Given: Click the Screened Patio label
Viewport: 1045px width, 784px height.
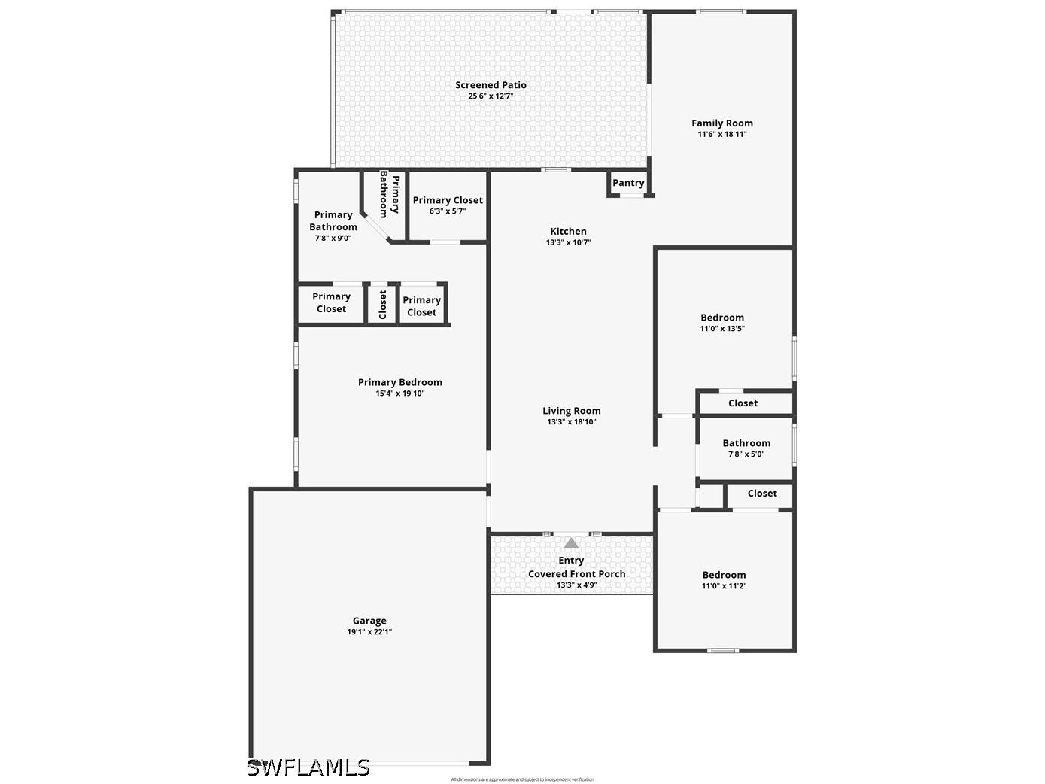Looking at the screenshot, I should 491,85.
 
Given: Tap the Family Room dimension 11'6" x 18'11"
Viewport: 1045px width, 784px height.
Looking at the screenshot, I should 722,135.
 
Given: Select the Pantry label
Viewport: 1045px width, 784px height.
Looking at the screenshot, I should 628,183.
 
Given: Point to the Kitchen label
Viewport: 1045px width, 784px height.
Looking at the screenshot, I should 568,232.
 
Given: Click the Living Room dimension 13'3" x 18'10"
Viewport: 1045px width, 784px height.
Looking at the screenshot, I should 572,422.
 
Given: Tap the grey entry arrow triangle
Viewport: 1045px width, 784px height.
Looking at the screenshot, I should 572,543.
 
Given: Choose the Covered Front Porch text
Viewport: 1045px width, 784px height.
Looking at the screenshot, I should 576,574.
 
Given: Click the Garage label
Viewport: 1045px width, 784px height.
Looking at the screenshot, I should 369,621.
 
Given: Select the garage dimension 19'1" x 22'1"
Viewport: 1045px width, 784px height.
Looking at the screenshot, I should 369,632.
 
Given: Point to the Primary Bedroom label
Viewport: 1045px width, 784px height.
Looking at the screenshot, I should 399,382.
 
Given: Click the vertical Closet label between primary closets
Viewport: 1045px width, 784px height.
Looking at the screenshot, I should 382,305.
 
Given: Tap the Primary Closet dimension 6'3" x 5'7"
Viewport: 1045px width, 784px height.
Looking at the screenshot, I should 448,211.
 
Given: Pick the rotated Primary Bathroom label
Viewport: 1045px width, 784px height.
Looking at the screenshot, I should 389,194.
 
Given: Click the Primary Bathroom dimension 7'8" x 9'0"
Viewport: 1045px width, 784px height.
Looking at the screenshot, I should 333,238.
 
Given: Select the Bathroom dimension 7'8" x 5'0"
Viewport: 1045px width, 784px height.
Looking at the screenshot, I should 746,454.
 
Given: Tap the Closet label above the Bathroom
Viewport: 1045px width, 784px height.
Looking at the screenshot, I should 743,403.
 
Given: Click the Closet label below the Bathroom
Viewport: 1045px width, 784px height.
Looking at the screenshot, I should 762,494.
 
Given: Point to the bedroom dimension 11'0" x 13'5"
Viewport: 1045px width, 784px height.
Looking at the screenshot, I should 722,329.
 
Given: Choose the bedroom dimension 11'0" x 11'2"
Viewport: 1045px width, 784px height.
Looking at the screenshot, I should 724,586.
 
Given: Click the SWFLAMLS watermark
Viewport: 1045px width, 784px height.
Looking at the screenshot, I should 308,767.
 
